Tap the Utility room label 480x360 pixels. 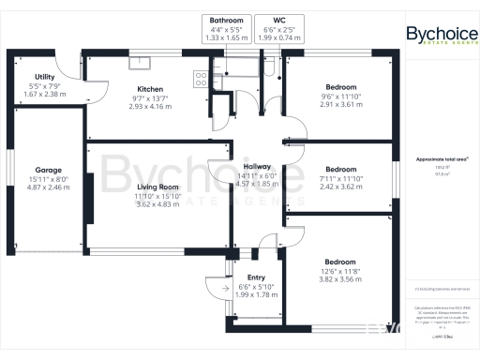pyautogui.click(x=43, y=77)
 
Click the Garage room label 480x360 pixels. pyautogui.click(x=48, y=171)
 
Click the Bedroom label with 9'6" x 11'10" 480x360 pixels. pyautogui.click(x=338, y=86)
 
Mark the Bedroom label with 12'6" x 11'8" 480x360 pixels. pyautogui.click(x=338, y=262)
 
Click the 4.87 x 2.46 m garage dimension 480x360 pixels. pyautogui.click(x=48, y=187)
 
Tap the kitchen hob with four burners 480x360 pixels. pyautogui.click(x=200, y=78)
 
